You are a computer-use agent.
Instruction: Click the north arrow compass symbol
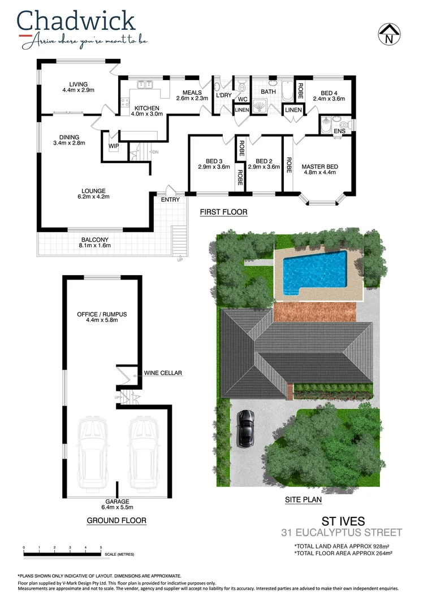[x=388, y=33]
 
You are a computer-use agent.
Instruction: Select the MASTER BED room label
[x=319, y=167]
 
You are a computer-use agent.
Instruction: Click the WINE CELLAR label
[x=163, y=373]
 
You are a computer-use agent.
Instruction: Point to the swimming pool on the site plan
[x=314, y=270]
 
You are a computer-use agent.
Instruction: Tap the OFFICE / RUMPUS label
[x=102, y=314]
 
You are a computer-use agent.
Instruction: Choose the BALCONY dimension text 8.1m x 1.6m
[x=94, y=246]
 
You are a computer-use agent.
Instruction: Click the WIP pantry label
[x=113, y=146]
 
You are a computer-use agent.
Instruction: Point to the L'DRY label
[x=224, y=95]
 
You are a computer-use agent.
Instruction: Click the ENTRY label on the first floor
[x=170, y=199]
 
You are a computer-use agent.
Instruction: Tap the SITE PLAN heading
[x=303, y=500]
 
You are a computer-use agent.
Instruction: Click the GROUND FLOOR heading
[x=116, y=520]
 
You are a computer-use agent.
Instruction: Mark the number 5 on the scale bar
[x=101, y=548]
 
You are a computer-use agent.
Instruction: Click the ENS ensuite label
[x=339, y=131]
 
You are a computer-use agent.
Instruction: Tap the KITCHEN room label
[x=146, y=108]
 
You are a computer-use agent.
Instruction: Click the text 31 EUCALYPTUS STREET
[x=342, y=533]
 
